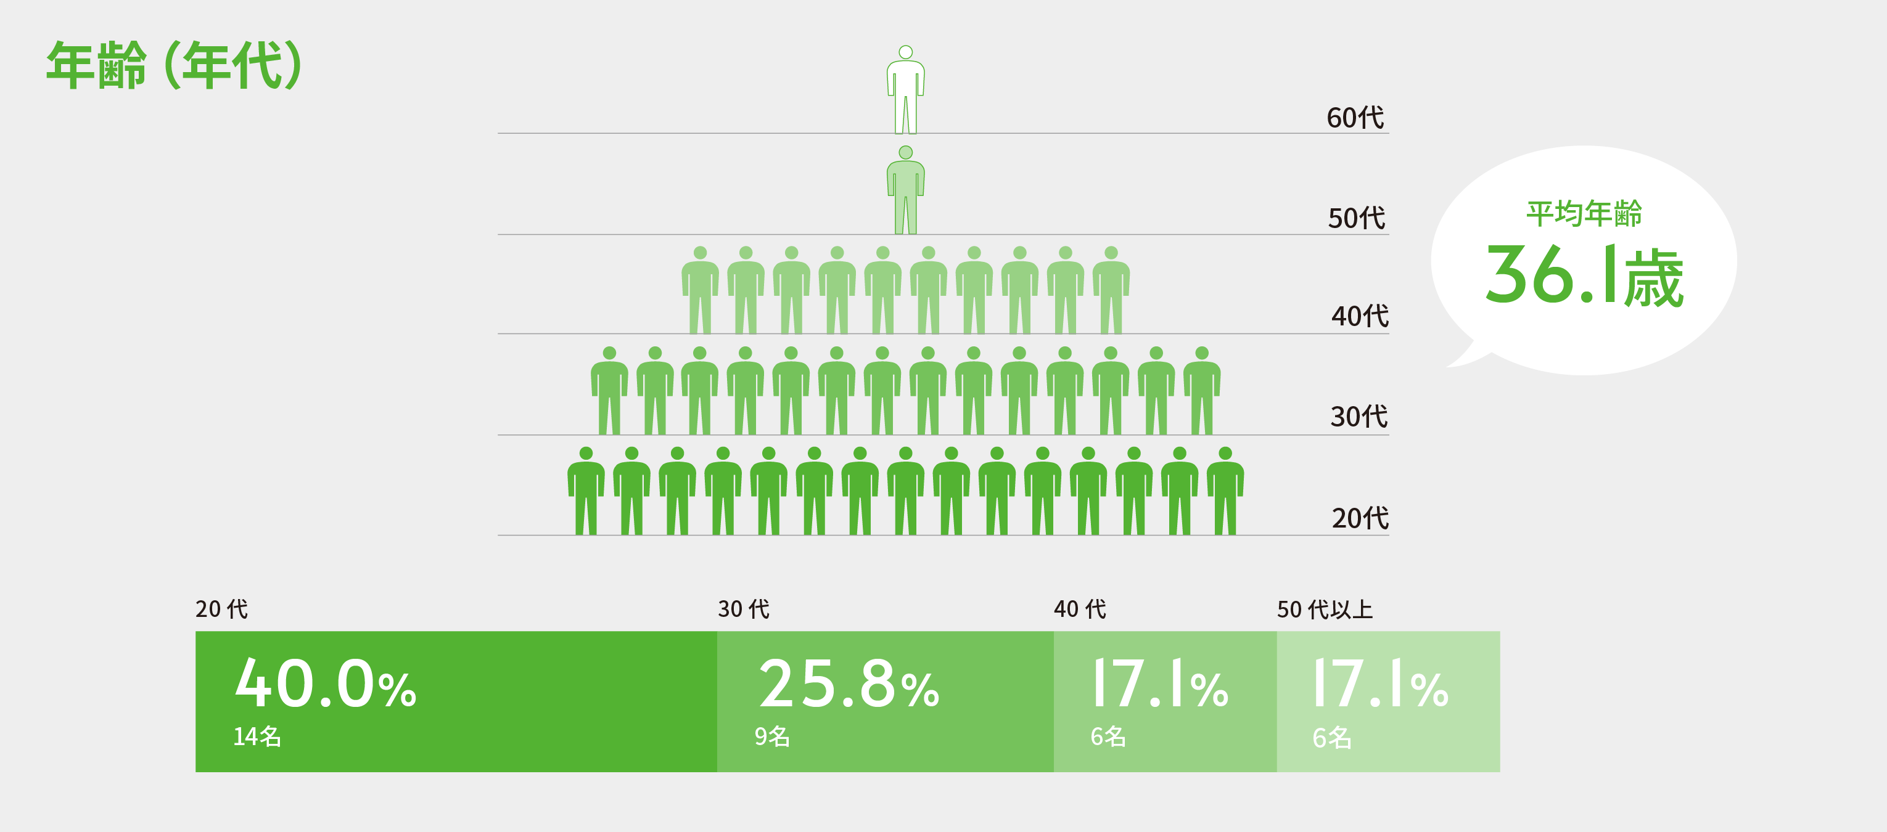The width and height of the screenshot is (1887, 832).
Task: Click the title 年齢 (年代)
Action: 175,65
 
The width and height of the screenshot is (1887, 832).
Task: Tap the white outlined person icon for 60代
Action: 905,89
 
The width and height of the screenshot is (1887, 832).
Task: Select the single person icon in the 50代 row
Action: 905,190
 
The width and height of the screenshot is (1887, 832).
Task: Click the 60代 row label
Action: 1355,118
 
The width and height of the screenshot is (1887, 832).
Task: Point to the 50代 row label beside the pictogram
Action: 1357,218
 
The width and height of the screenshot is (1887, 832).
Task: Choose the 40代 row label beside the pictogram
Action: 1360,316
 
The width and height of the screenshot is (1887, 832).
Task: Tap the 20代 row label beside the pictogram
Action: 1360,518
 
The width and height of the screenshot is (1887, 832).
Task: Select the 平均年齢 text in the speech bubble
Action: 1584,214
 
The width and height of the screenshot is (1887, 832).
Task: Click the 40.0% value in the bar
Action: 325,684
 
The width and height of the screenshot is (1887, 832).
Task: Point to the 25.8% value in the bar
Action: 849,684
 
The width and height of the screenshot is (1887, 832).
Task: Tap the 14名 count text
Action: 257,736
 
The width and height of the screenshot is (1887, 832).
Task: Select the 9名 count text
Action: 772,736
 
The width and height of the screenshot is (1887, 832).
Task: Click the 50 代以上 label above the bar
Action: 1325,610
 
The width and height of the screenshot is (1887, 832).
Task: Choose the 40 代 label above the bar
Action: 1080,610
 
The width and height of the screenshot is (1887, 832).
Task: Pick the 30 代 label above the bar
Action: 744,610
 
